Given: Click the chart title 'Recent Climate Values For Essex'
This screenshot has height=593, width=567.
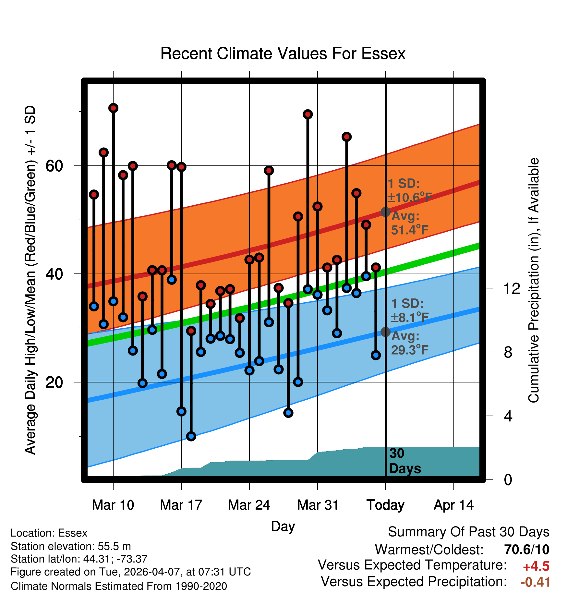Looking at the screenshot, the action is (x=283, y=54).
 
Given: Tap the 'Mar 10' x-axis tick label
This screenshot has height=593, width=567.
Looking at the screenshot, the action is (x=113, y=505).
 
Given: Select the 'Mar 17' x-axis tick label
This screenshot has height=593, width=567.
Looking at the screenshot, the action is (x=181, y=505).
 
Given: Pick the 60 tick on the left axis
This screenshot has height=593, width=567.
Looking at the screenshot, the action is (x=54, y=166).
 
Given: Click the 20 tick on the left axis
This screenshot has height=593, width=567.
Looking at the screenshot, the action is (x=54, y=382).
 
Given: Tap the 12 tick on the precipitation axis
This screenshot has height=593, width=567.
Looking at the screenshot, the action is (x=512, y=288).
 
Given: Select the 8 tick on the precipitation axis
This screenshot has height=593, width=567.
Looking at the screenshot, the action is (x=508, y=352).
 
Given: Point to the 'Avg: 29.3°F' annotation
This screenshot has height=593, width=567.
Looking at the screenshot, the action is (x=410, y=343).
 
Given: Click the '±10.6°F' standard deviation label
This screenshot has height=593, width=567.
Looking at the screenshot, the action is (x=410, y=197).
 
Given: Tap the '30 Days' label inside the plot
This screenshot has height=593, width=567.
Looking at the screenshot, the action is (x=405, y=461).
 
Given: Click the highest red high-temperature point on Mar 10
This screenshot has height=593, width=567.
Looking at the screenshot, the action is (x=113, y=108).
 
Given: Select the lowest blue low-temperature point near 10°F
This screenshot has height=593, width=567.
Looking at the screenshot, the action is (x=191, y=436).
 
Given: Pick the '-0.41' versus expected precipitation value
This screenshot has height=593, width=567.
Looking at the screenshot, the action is (x=535, y=582).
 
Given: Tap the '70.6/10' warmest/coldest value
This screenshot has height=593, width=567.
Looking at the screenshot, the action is (x=527, y=550).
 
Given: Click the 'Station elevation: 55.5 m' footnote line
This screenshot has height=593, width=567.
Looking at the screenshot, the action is (x=71, y=546).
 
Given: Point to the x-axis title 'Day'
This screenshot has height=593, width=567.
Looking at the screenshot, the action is (x=283, y=526).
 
